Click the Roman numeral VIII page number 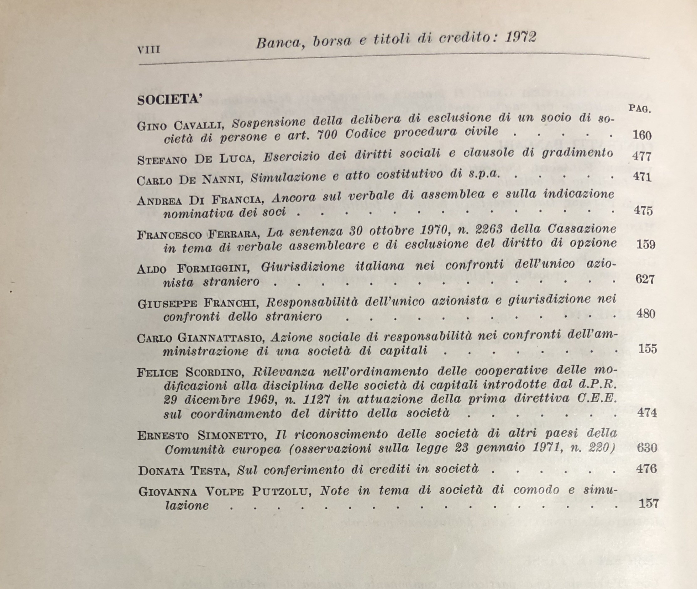point(149,50)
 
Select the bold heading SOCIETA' point(170,100)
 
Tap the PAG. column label point(640,109)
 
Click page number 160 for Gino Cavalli point(642,135)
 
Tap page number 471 point(642,176)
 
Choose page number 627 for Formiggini point(645,279)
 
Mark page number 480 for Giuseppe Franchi point(646,314)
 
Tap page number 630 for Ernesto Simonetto point(647,448)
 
